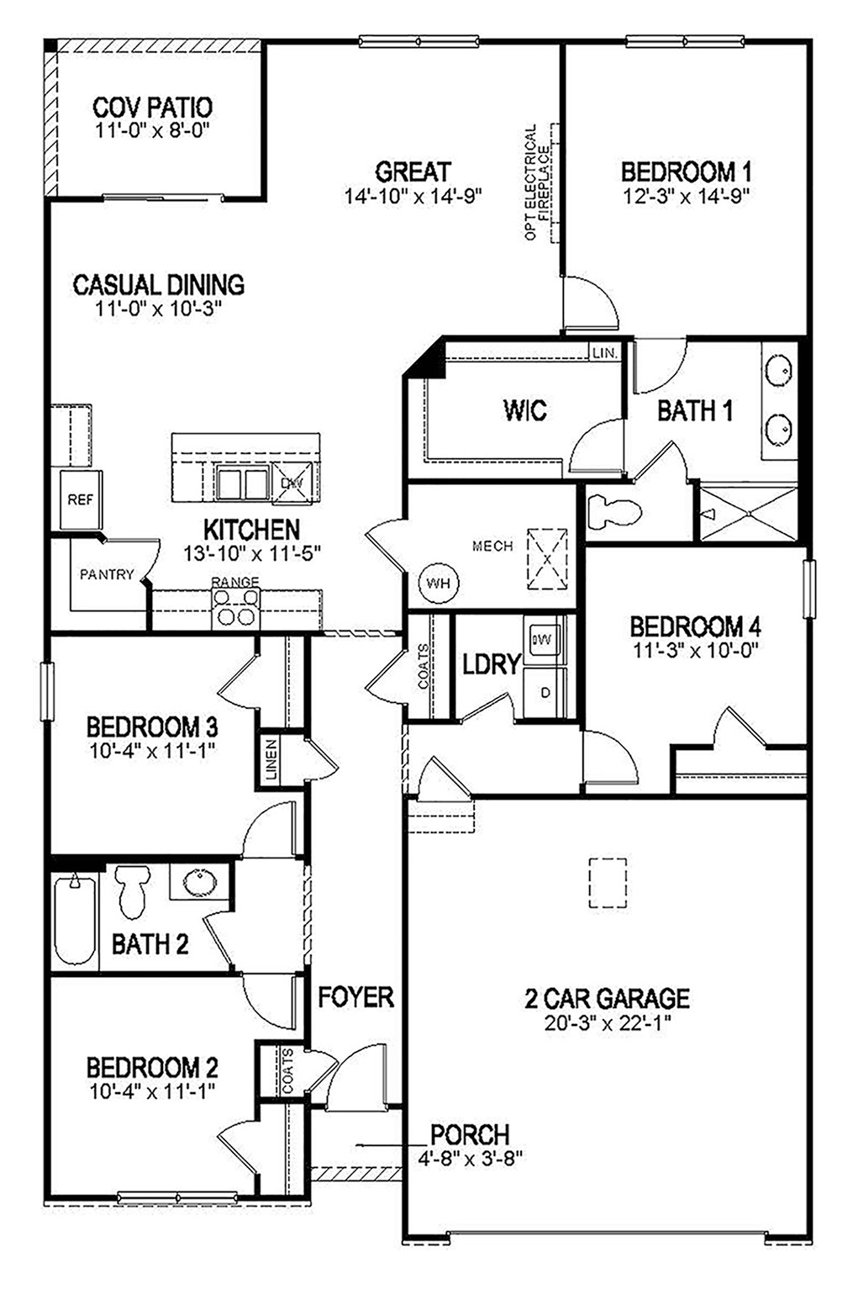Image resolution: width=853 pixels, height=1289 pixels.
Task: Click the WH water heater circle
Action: (x=438, y=582)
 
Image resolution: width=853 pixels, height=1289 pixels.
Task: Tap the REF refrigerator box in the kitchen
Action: (x=80, y=499)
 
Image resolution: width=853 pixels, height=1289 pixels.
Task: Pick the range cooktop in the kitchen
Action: (x=235, y=606)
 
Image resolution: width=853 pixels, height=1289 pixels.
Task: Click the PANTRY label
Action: (x=107, y=575)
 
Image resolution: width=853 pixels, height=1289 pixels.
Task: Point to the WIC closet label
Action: (x=525, y=410)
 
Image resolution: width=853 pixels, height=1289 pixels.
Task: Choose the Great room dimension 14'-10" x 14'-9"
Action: (x=412, y=196)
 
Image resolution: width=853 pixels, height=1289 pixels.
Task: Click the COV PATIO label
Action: (x=152, y=108)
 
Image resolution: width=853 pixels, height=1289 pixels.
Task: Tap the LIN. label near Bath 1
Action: (x=604, y=352)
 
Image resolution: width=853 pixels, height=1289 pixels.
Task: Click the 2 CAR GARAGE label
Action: (x=607, y=999)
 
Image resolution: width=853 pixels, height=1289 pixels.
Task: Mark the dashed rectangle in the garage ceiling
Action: (x=608, y=882)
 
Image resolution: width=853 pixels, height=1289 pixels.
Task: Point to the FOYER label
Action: (x=355, y=997)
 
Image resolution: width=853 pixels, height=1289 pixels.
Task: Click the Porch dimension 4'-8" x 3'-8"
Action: (x=470, y=1157)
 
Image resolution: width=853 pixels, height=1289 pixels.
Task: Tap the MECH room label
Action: (x=492, y=547)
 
